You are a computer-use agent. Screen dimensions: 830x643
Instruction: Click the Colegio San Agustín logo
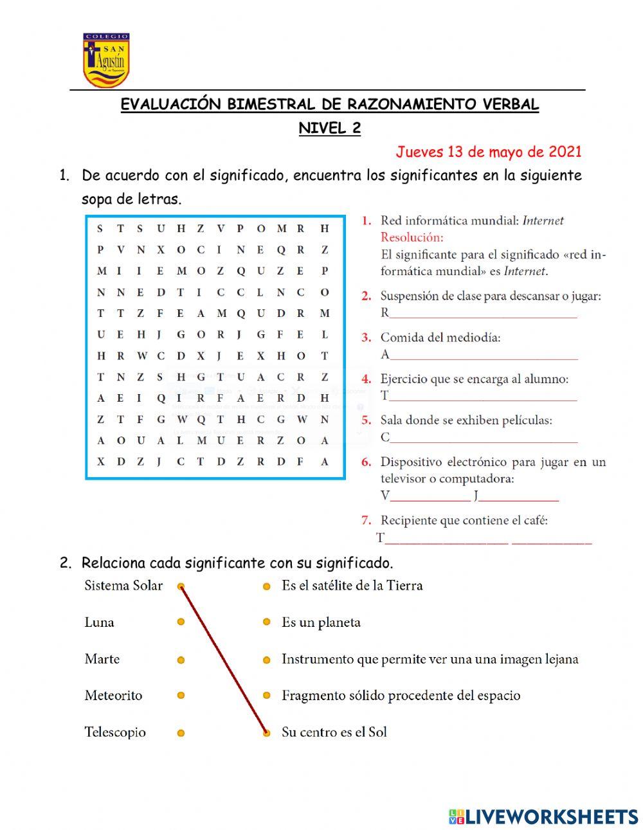105,60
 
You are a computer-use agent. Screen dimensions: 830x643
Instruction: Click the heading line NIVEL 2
329,128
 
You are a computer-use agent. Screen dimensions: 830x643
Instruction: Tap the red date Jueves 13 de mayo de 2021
488,152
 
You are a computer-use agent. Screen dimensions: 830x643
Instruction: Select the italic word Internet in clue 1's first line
543,221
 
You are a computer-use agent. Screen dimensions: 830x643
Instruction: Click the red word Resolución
412,237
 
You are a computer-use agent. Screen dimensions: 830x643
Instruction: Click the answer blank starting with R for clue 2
482,314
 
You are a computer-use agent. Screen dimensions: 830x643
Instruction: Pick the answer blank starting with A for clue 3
483,355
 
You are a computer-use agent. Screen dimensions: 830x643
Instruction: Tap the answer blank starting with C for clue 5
483,438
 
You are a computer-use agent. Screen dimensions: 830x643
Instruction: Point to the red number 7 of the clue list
366,520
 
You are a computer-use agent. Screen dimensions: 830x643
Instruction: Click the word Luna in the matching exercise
99,622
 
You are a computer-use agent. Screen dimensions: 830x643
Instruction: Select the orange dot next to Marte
181,660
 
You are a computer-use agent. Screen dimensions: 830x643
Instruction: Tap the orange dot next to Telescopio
181,733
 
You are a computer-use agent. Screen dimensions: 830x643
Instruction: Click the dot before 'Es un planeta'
266,622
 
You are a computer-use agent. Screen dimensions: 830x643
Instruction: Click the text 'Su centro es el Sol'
334,732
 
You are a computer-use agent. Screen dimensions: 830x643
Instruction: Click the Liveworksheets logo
543,816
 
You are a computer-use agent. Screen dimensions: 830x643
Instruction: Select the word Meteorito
113,696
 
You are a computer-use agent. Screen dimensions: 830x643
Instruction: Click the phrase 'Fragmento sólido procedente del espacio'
401,696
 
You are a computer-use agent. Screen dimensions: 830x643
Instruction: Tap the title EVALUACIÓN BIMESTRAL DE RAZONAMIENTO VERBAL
329,104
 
